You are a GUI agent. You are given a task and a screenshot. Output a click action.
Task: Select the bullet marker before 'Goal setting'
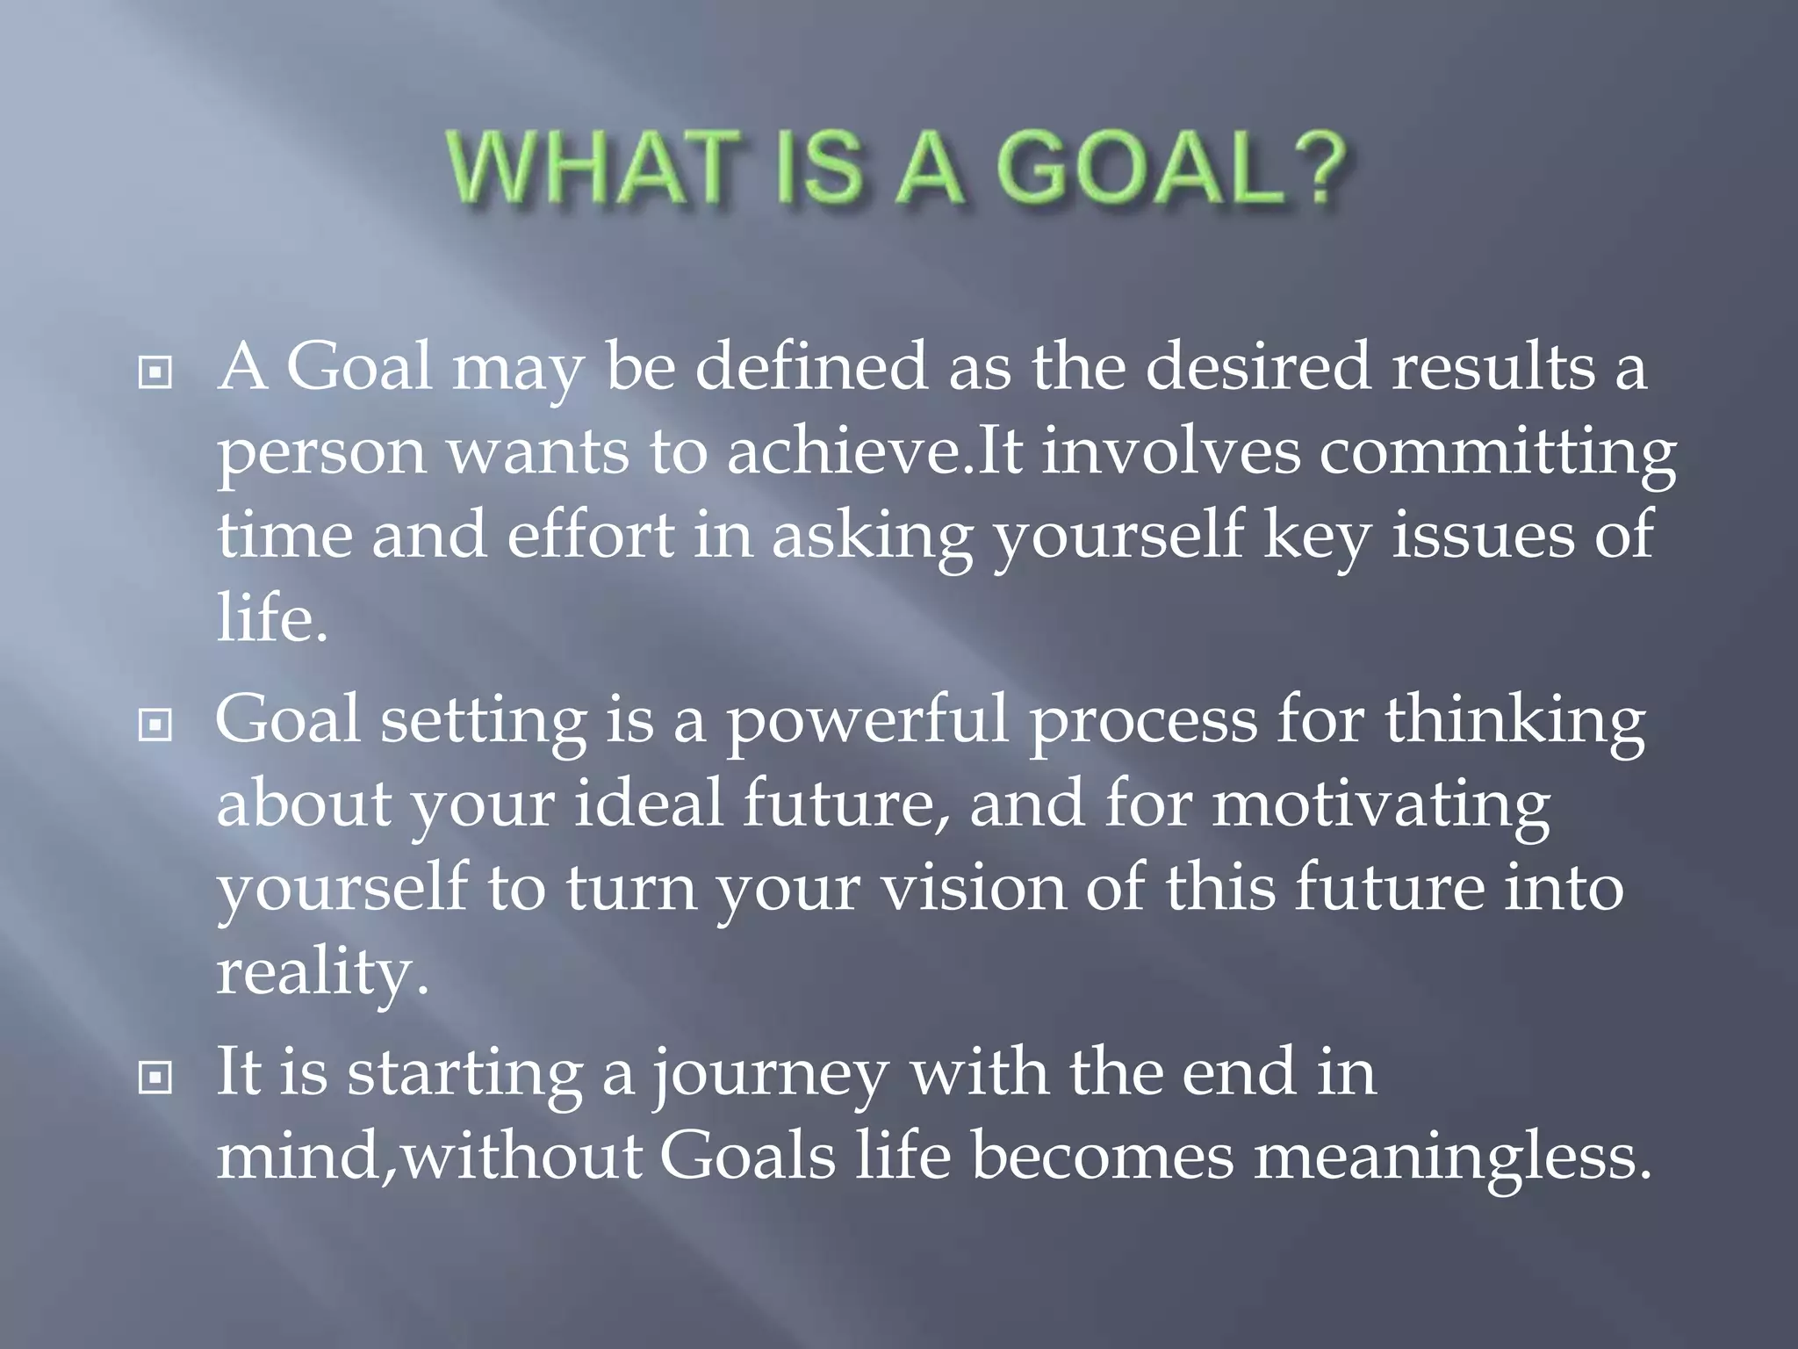[x=155, y=725]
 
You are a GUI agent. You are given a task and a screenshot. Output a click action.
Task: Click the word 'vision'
[x=973, y=889]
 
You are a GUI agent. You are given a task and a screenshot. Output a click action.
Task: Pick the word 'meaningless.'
[x=1452, y=1158]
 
